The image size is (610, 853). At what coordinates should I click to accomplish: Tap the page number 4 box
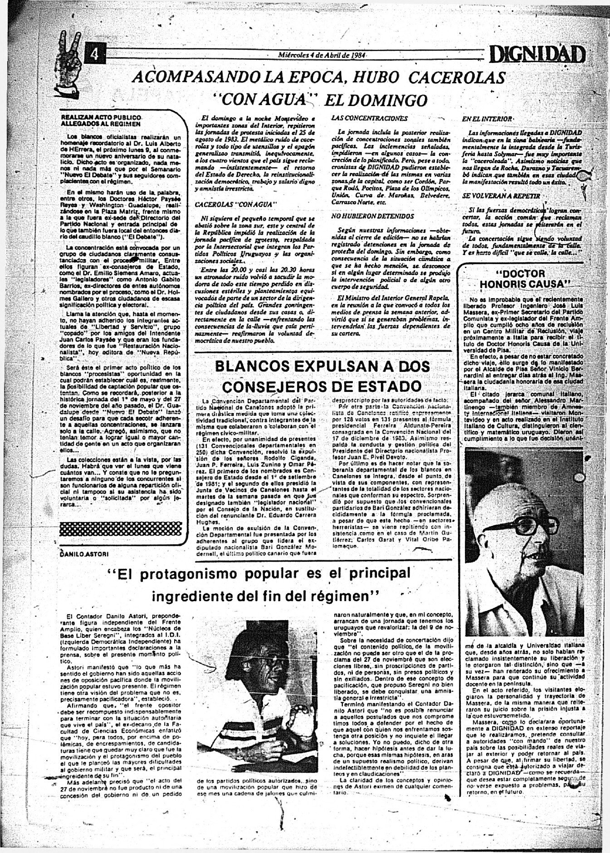95,54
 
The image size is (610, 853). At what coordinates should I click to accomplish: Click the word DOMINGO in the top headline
376,99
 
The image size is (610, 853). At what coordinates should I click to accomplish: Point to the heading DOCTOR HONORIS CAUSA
524,279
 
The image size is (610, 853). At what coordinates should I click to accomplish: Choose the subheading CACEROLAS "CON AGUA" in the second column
235,205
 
